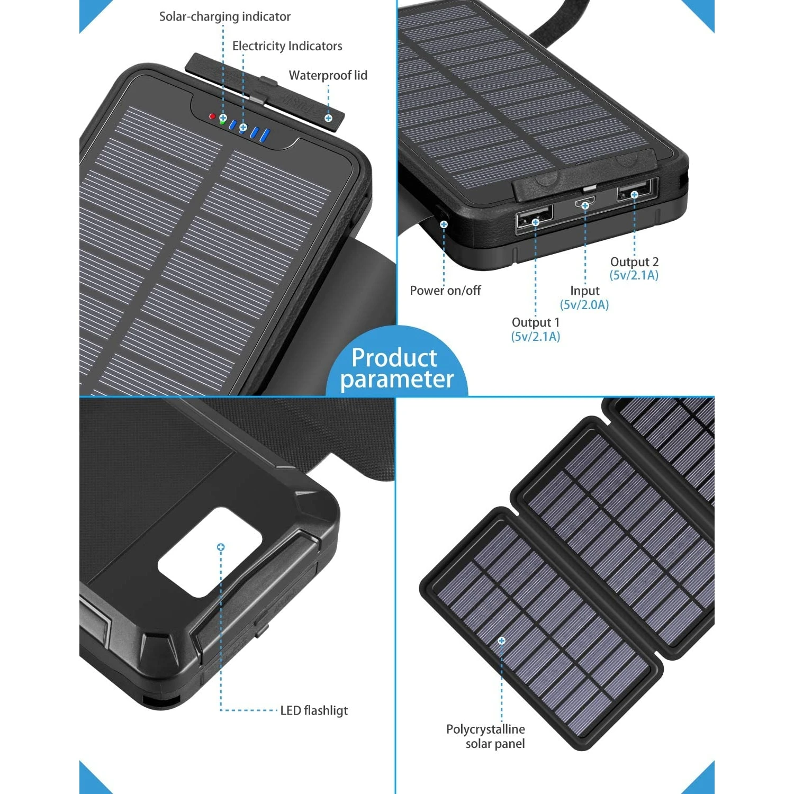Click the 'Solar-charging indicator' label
224,17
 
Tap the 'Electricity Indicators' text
287,47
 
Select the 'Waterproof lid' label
328,76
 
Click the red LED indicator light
212,116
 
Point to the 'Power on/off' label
445,291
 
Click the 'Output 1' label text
535,322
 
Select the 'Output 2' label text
634,262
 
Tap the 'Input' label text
584,291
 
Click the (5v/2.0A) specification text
584,305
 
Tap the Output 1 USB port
534,217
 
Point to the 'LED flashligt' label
314,710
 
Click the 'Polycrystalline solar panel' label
485,736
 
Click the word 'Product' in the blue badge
394,358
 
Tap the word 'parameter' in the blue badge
397,380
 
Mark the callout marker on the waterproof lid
329,118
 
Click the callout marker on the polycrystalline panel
501,641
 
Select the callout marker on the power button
444,224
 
